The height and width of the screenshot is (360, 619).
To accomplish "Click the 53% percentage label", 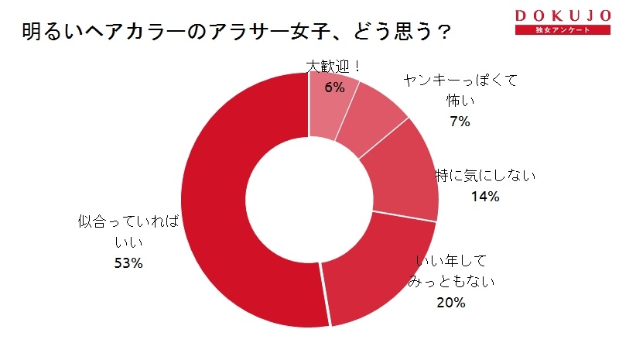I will coord(128,263).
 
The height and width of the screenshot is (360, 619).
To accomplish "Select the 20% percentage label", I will coord(450,302).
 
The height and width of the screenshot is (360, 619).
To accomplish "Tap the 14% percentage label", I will coord(485,197).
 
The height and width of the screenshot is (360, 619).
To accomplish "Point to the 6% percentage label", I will coord(334,87).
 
